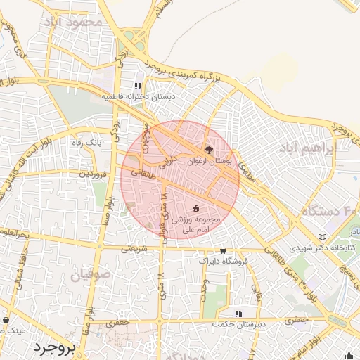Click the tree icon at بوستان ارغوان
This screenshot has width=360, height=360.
click(208, 149)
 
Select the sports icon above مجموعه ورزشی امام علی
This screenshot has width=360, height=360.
click(195, 208)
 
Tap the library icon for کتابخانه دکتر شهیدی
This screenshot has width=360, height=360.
click(323, 237)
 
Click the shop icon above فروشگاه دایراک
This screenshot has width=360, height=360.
click(223, 250)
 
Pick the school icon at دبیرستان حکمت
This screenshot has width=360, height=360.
click(238, 313)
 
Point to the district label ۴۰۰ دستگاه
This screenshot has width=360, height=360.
click(331, 210)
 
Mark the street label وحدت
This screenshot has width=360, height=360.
click(205, 289)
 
